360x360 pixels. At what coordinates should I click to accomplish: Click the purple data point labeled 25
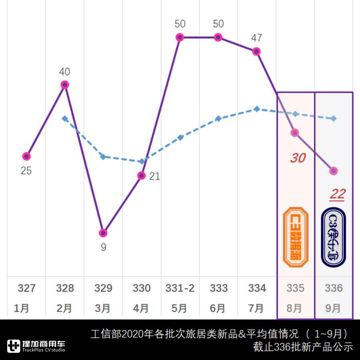click(26, 156)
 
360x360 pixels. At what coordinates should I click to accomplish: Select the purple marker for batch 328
click(65, 84)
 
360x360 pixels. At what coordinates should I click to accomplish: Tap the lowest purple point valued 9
click(103, 233)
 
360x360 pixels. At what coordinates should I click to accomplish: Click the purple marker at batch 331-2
click(180, 37)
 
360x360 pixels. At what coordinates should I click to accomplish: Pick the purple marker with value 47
click(256, 51)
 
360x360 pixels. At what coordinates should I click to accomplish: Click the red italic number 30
click(298, 158)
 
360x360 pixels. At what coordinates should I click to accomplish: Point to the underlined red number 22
click(337, 194)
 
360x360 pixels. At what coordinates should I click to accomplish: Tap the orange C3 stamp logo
click(296, 237)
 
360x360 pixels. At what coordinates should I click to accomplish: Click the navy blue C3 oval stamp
click(334, 237)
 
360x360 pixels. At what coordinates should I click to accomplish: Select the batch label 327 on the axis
click(26, 288)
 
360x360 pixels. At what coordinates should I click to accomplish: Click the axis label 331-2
click(180, 288)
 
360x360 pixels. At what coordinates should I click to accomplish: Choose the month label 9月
click(334, 308)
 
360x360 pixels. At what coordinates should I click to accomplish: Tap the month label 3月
click(103, 308)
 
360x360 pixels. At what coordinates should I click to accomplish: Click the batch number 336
click(334, 288)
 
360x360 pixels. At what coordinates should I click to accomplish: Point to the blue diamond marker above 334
click(256, 109)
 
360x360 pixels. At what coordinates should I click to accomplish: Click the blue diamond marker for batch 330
click(141, 162)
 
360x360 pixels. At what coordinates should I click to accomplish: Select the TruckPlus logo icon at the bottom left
click(14, 346)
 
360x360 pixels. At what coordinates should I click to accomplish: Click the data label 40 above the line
click(64, 72)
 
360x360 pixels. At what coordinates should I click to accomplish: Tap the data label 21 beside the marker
click(154, 176)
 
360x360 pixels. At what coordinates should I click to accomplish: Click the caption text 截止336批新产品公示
click(303, 347)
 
